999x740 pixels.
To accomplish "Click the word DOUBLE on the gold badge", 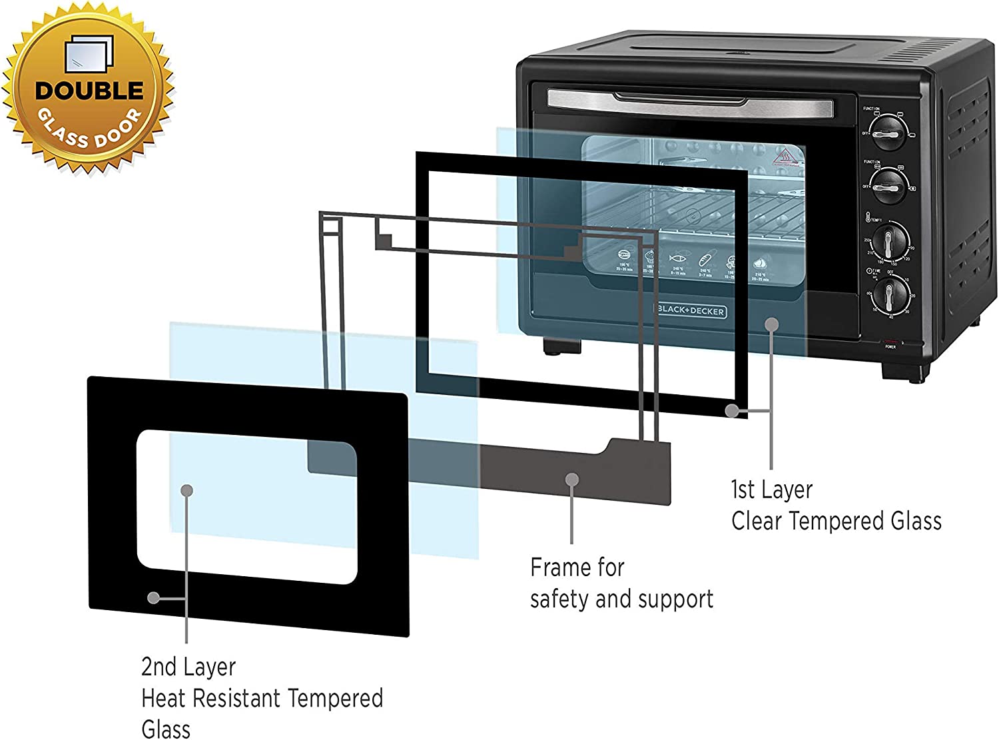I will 89,91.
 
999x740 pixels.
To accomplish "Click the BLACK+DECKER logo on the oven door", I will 691,310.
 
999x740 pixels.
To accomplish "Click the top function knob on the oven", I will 888,133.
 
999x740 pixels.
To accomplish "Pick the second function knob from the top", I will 888,186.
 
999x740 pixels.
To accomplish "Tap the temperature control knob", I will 890,241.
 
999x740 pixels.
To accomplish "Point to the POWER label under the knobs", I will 890,347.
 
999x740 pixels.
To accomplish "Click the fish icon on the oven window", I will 677,257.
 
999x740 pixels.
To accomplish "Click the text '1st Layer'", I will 771,490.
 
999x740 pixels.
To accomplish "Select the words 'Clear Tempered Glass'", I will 836,521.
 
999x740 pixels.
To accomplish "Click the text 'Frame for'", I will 577,567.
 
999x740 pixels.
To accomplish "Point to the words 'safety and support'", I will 621,599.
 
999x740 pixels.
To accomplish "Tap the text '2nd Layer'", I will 188,667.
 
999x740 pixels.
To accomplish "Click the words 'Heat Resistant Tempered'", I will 262,698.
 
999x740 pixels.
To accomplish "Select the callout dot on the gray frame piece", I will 571,479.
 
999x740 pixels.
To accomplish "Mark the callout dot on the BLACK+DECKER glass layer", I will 771,324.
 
